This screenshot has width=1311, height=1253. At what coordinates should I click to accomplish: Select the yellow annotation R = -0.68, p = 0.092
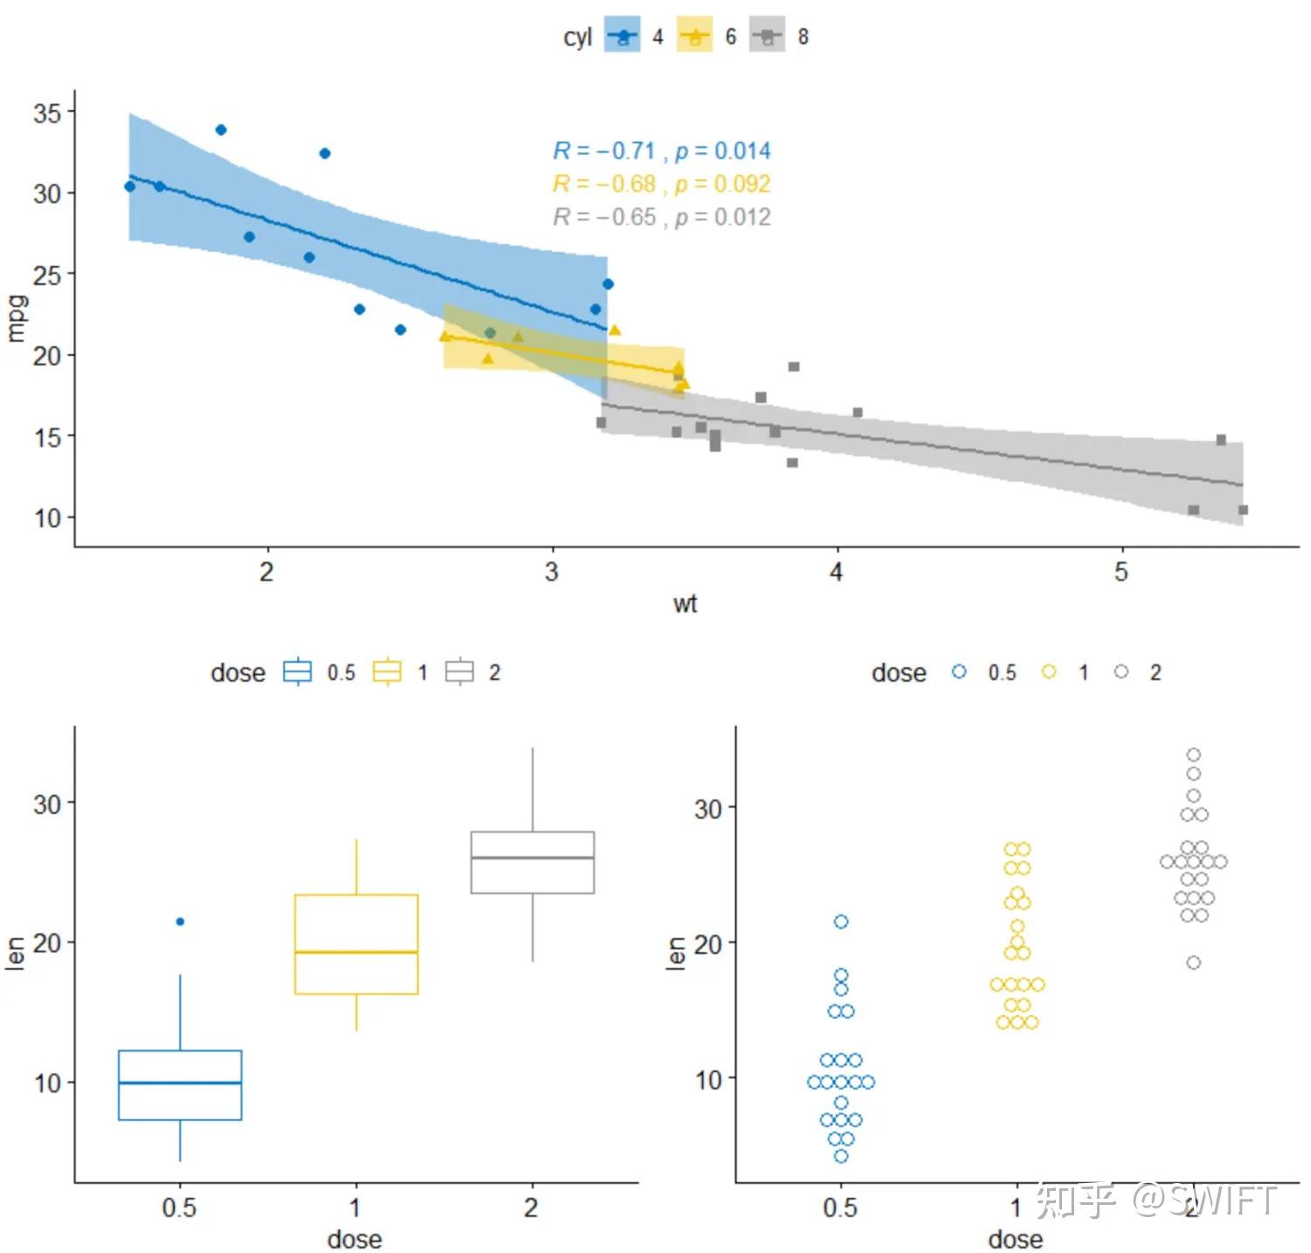tap(662, 184)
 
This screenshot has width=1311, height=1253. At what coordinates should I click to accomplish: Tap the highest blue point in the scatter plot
tap(221, 130)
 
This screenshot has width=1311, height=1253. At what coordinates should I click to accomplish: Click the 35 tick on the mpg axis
tap(47, 113)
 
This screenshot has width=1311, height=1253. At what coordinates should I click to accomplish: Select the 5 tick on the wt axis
tap(1121, 573)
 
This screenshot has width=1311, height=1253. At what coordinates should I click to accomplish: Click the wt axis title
tap(685, 604)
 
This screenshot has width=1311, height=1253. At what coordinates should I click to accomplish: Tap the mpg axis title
tap(16, 319)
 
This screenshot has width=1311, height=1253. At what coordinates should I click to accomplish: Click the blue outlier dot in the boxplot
tap(180, 922)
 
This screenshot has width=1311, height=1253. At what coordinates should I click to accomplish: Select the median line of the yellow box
tap(357, 951)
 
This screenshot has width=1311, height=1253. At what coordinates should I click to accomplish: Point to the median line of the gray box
tap(532, 858)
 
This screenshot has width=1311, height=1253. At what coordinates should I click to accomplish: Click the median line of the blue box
tap(180, 1082)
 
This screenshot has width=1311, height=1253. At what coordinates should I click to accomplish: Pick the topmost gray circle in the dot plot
tap(1194, 755)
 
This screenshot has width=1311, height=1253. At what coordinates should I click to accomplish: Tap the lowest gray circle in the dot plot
tap(1194, 963)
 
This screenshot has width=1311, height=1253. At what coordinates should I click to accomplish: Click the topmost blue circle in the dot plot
tap(842, 922)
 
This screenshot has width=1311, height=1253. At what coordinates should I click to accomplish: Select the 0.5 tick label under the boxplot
tap(179, 1208)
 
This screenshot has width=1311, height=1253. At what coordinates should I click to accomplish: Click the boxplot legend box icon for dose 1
tap(387, 672)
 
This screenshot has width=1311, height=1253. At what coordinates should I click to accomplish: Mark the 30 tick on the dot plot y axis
tap(708, 809)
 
